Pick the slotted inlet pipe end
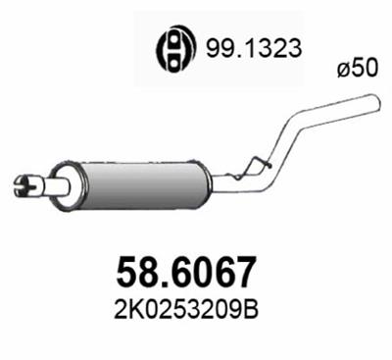[26, 181]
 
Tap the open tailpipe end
[374, 99]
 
